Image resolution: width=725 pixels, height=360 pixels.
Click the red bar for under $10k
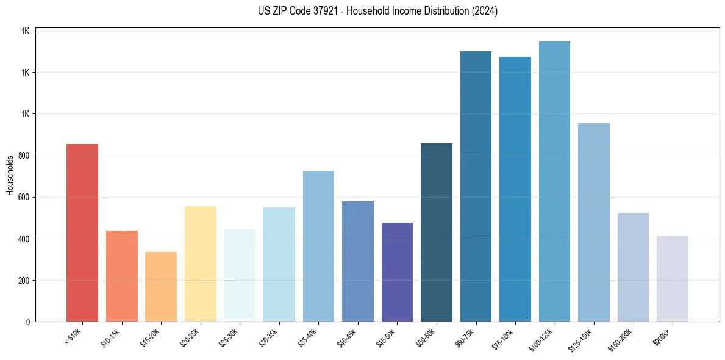click(x=82, y=232)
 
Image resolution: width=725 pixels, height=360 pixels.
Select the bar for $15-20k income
click(x=161, y=287)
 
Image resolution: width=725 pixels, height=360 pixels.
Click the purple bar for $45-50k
click(x=397, y=272)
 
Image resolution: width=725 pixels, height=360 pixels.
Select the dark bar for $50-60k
click(x=437, y=232)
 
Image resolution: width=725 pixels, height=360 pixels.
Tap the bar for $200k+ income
click(x=673, y=278)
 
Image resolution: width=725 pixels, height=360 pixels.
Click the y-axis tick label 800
click(x=24, y=156)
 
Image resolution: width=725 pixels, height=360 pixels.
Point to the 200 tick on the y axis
click(x=24, y=281)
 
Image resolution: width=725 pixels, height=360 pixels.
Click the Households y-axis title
click(x=10, y=175)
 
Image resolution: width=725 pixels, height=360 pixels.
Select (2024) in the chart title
click(x=484, y=11)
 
